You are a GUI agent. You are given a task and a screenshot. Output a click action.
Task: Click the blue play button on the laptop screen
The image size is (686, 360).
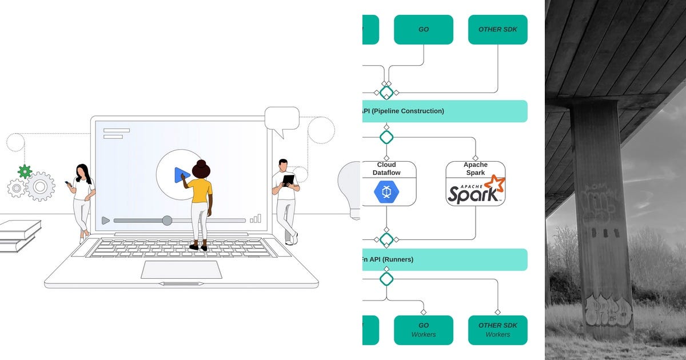coord(181,175)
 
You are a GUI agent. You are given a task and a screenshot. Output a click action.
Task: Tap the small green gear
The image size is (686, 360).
coord(25,171)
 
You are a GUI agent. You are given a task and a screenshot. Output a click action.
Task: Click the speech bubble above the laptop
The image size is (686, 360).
coord(282,121)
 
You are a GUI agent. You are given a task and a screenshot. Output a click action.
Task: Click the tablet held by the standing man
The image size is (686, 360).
coord(288,181)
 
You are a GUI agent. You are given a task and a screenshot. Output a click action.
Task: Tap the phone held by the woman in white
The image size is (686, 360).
coord(67,184)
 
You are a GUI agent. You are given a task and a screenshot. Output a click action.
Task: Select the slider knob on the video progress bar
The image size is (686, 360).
coord(167,221)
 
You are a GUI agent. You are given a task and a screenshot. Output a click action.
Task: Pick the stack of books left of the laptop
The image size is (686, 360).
coord(19,234)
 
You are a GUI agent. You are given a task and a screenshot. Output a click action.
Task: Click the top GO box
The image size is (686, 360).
coord(424,30)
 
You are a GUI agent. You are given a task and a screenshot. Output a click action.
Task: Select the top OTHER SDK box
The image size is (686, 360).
coord(497,30)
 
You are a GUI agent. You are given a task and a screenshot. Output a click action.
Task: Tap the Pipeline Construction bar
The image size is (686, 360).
coord(445,111)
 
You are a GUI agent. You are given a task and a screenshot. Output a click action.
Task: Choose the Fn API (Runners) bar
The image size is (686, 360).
coord(445,259)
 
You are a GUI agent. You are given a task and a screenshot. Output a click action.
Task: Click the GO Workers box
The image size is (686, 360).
coord(424,330)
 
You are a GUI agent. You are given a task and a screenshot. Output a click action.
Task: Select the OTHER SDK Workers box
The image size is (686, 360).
coord(497,330)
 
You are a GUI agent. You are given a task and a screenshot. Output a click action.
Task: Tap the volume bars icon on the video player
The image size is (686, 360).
coord(256,219)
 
